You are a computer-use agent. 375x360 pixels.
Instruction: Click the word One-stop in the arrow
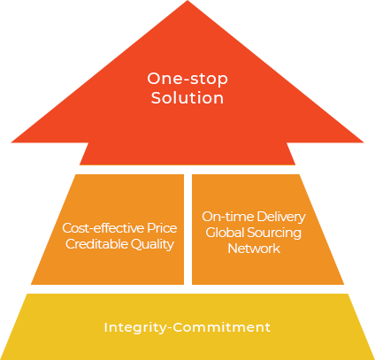point(187,79)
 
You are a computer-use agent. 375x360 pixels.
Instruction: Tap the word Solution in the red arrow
point(187,97)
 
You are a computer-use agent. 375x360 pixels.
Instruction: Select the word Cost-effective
point(103,228)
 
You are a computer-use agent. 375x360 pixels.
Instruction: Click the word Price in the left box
point(162,228)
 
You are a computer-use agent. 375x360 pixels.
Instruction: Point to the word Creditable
point(96,244)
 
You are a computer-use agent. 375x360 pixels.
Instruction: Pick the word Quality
point(152,244)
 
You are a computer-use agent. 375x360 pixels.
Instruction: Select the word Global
point(225,233)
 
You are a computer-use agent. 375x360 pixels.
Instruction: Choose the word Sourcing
point(274,234)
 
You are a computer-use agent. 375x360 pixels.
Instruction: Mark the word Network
point(254,249)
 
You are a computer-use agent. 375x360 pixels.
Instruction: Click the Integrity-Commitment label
point(187,328)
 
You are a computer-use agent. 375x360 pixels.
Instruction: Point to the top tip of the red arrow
point(187,1)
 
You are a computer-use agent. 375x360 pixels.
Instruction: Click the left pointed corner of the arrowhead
point(11,142)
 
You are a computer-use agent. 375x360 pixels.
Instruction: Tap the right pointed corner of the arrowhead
point(364,142)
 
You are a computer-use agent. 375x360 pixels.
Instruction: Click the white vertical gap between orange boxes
point(187,229)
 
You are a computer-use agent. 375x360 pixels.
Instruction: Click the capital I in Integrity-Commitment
point(105,327)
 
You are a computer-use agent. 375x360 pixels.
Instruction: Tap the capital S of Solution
point(157,97)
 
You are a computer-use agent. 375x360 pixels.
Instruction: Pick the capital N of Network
point(233,249)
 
